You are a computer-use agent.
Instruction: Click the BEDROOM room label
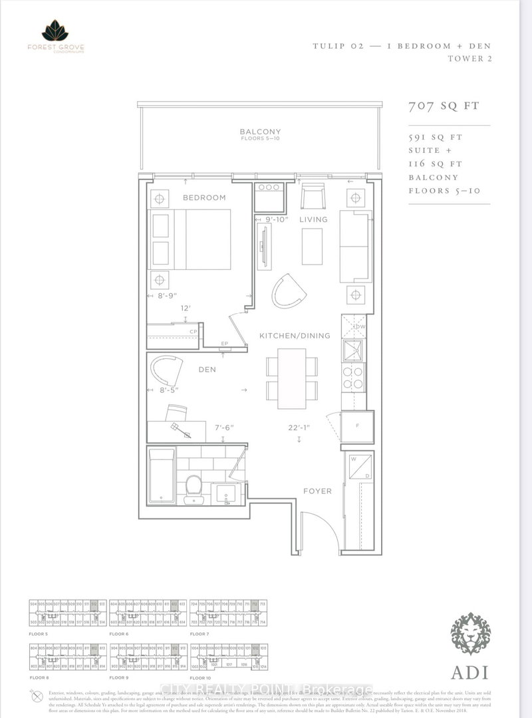click(205, 197)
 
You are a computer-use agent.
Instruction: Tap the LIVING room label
click(313, 219)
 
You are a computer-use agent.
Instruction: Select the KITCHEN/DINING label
click(295, 336)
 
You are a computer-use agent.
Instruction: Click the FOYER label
click(317, 491)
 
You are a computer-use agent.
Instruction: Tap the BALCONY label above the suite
click(261, 132)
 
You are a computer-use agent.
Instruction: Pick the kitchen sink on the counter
click(352, 349)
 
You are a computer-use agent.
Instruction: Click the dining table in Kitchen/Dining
click(291, 379)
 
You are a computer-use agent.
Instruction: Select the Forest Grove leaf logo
click(55, 31)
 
